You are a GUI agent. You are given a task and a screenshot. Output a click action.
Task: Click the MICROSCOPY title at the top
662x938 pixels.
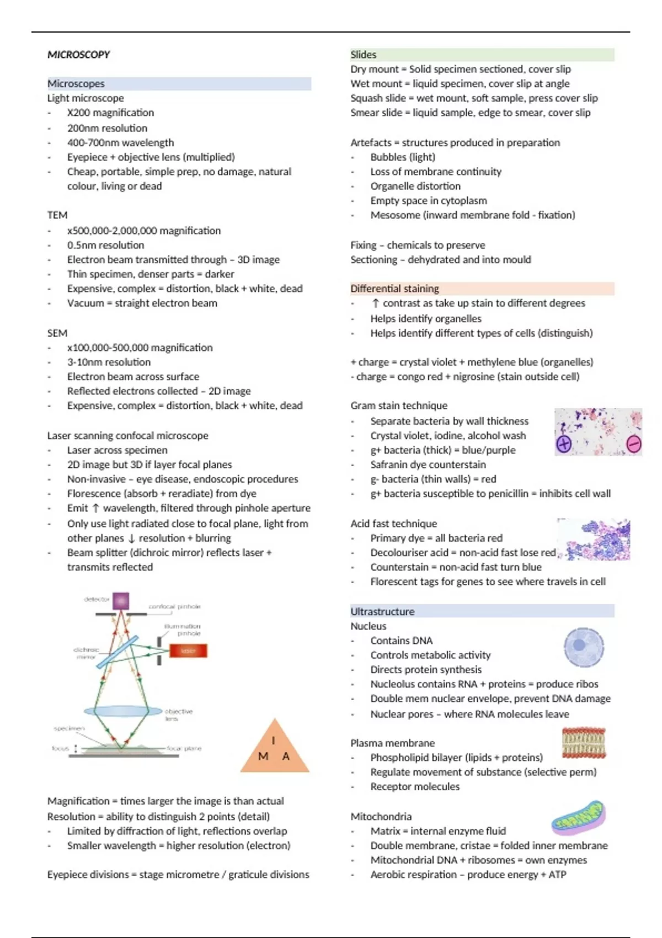pos(78,55)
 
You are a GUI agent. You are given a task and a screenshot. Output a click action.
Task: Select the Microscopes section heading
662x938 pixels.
pos(76,84)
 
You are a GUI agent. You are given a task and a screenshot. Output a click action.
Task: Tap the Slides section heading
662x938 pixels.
pos(364,55)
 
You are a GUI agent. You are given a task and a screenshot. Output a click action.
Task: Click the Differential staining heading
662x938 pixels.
pos(395,289)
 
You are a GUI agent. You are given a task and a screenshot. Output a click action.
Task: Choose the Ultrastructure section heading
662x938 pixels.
pos(382,611)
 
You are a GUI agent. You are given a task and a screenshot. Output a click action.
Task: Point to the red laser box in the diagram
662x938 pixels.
pos(188,651)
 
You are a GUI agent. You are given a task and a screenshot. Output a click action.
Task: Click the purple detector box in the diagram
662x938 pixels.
pos(121,601)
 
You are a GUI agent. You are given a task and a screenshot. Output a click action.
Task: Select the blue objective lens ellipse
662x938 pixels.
pos(123,711)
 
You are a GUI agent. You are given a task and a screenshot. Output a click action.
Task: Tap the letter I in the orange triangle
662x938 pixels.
pos(274,740)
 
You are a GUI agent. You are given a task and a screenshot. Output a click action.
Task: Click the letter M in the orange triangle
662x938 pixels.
pos(263,756)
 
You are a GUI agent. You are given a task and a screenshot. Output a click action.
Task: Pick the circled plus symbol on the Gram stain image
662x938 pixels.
pos(564,444)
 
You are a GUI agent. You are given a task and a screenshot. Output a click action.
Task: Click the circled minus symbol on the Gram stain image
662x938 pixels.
pos(634,444)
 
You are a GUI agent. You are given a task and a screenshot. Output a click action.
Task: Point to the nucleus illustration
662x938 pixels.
pos(584,647)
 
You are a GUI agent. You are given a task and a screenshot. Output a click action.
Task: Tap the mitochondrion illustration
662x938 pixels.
pos(579,818)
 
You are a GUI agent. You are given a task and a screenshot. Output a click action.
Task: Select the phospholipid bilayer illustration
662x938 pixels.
pos(584,743)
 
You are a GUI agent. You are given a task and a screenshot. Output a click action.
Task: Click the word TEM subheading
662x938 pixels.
pos(57,215)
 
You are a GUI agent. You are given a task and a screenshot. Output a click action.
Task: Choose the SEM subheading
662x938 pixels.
pos(57,333)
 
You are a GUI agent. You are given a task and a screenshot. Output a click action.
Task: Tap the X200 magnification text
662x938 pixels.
pos(110,113)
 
